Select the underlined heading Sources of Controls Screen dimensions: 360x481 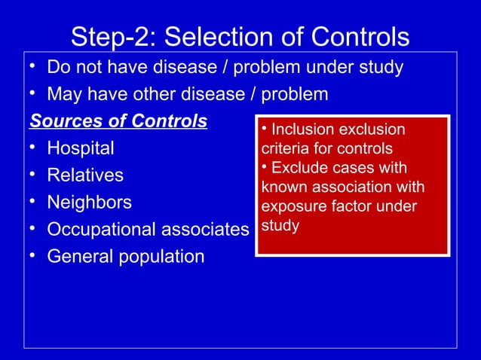pos(118,121)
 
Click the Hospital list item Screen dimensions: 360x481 pos(81,148)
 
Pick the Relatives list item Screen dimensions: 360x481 pos(85,175)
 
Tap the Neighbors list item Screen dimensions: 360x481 pos(89,203)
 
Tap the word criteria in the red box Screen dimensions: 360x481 pos(283,148)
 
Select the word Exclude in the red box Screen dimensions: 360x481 pos(299,167)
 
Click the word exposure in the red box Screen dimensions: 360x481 pos(290,206)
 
